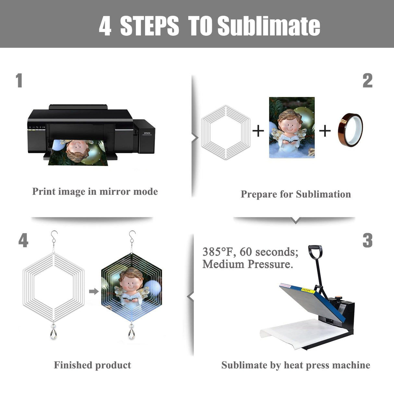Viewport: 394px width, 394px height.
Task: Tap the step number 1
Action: (x=19, y=80)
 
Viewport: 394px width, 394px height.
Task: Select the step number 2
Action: (x=367, y=80)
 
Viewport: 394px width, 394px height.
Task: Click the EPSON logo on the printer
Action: (x=147, y=133)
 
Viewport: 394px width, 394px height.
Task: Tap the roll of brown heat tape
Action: (x=350, y=130)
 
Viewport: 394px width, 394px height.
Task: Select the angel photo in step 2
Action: (x=292, y=127)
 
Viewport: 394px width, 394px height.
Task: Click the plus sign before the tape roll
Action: (x=325, y=131)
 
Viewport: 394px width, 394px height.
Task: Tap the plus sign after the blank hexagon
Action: (x=258, y=131)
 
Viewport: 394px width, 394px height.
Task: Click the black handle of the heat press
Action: (x=315, y=252)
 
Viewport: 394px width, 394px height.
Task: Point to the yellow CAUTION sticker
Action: (x=308, y=290)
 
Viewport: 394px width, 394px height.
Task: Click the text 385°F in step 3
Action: (x=218, y=252)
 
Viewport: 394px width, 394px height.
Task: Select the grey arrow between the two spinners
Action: (x=94, y=291)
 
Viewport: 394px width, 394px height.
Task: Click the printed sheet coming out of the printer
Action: (x=78, y=153)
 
